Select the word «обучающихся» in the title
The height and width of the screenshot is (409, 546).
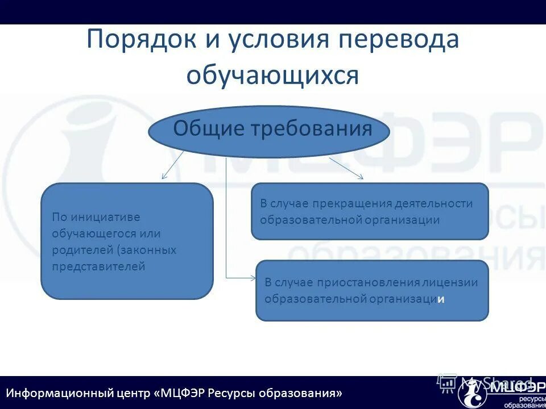[x=273, y=75]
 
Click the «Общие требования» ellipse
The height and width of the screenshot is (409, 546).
[x=269, y=131]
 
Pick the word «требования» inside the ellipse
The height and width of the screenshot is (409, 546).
[x=317, y=129]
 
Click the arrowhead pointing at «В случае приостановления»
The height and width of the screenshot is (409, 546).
[x=253, y=278]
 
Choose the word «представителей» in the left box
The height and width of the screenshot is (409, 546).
[x=98, y=266]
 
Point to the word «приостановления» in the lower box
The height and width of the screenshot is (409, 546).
[x=372, y=282]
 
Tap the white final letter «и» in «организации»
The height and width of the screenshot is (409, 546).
[x=441, y=299]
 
